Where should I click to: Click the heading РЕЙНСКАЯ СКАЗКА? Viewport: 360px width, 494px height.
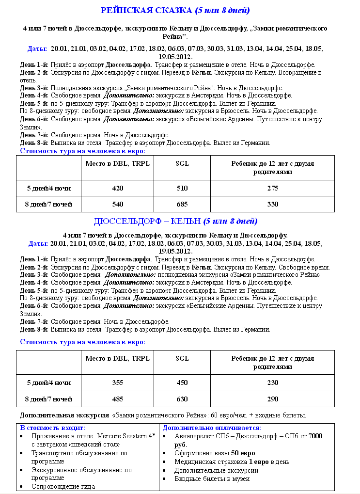[x=146, y=10]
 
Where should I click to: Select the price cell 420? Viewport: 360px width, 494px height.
[x=118, y=188]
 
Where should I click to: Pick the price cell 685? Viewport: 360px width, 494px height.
[x=182, y=204]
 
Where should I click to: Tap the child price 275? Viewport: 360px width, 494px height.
[x=273, y=188]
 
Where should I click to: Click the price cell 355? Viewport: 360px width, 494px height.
[x=118, y=382]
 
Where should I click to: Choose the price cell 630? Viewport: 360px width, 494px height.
[x=182, y=399]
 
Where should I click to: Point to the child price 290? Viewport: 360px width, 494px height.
[x=273, y=399]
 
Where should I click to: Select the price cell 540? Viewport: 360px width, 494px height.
[x=118, y=204]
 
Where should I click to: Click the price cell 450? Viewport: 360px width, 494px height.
[x=182, y=382]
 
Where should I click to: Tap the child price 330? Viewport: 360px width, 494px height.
[x=273, y=204]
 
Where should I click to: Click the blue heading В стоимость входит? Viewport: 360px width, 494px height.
[x=52, y=428]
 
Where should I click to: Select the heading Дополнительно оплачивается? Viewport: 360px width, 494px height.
[x=212, y=428]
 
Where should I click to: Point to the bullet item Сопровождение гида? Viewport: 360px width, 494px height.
[x=63, y=486]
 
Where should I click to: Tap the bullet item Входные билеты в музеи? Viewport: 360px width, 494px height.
[x=212, y=478]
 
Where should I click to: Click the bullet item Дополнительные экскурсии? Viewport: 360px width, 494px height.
[x=217, y=470]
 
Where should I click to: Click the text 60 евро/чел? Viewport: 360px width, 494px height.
[x=235, y=415]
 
